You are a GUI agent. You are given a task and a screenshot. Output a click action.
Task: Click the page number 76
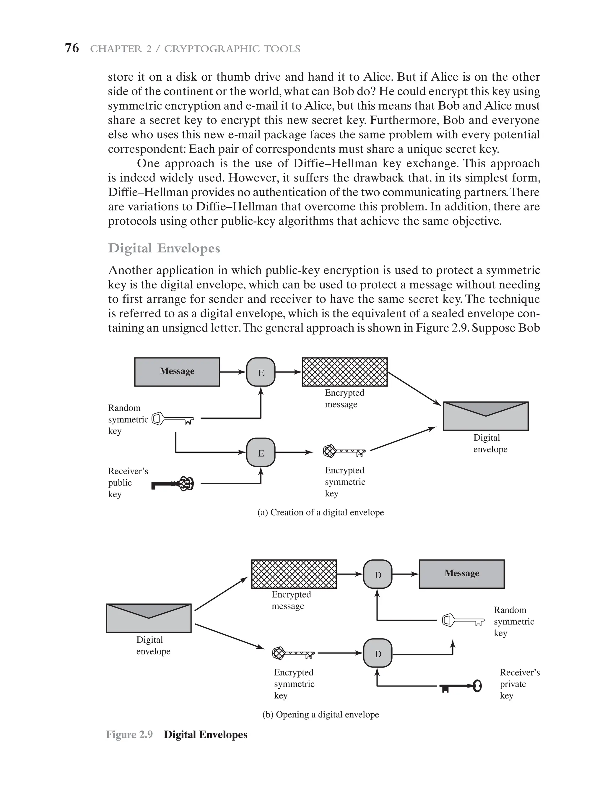coord(72,48)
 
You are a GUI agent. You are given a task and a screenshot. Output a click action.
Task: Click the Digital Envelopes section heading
coord(164,248)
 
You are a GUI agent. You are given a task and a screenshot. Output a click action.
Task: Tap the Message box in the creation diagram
coord(177,372)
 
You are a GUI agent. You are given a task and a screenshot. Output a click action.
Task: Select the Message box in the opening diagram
coord(462,574)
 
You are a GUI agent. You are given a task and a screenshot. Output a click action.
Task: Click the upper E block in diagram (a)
coord(261,372)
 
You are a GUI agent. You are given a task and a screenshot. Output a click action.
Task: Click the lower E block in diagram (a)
coord(261,452)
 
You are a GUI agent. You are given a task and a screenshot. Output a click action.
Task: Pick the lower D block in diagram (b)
coord(378,653)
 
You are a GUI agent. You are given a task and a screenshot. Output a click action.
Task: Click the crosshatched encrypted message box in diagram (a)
coord(345,372)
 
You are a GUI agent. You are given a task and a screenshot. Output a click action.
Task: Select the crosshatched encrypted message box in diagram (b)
coord(294,574)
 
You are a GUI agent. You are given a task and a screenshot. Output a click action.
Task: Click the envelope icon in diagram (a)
coord(485,416)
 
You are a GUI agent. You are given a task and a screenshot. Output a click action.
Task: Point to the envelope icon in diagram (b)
coord(149,618)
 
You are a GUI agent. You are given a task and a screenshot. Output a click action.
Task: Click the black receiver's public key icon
coord(173,484)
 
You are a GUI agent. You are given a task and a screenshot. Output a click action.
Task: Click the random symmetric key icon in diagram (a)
coord(173,419)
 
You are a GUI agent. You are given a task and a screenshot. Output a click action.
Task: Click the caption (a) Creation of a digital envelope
coord(321,512)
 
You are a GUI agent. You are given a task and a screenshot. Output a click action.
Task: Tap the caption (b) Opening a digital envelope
coord(321,715)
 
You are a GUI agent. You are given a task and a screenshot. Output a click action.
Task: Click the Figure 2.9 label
coord(129,735)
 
